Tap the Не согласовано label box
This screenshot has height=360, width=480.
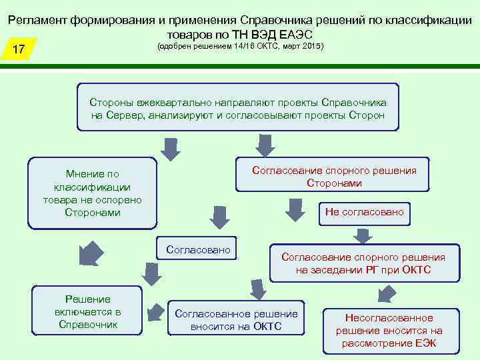pyautogui.click(x=364, y=212)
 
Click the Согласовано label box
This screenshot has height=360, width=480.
pyautogui.click(x=198, y=250)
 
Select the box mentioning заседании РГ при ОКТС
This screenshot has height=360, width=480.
pyautogui.click(x=363, y=263)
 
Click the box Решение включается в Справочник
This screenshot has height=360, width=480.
pyautogui.click(x=87, y=311)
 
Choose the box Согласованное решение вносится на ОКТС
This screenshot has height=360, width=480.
pyautogui.click(x=236, y=319)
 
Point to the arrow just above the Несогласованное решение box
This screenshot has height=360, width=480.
pyautogui.click(x=385, y=293)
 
